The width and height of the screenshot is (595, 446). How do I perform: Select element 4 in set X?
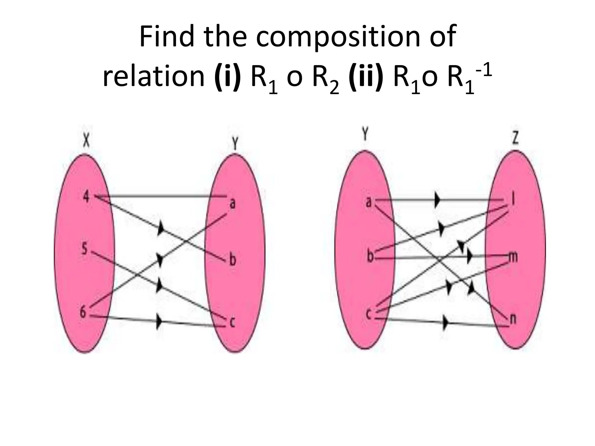tap(86, 197)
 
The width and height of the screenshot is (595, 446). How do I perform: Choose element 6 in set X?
tap(83, 312)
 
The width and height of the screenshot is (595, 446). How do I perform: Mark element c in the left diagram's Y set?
tap(232, 322)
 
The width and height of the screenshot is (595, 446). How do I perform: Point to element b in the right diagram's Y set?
tap(370, 256)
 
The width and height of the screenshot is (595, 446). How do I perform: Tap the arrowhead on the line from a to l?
tap(437, 200)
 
